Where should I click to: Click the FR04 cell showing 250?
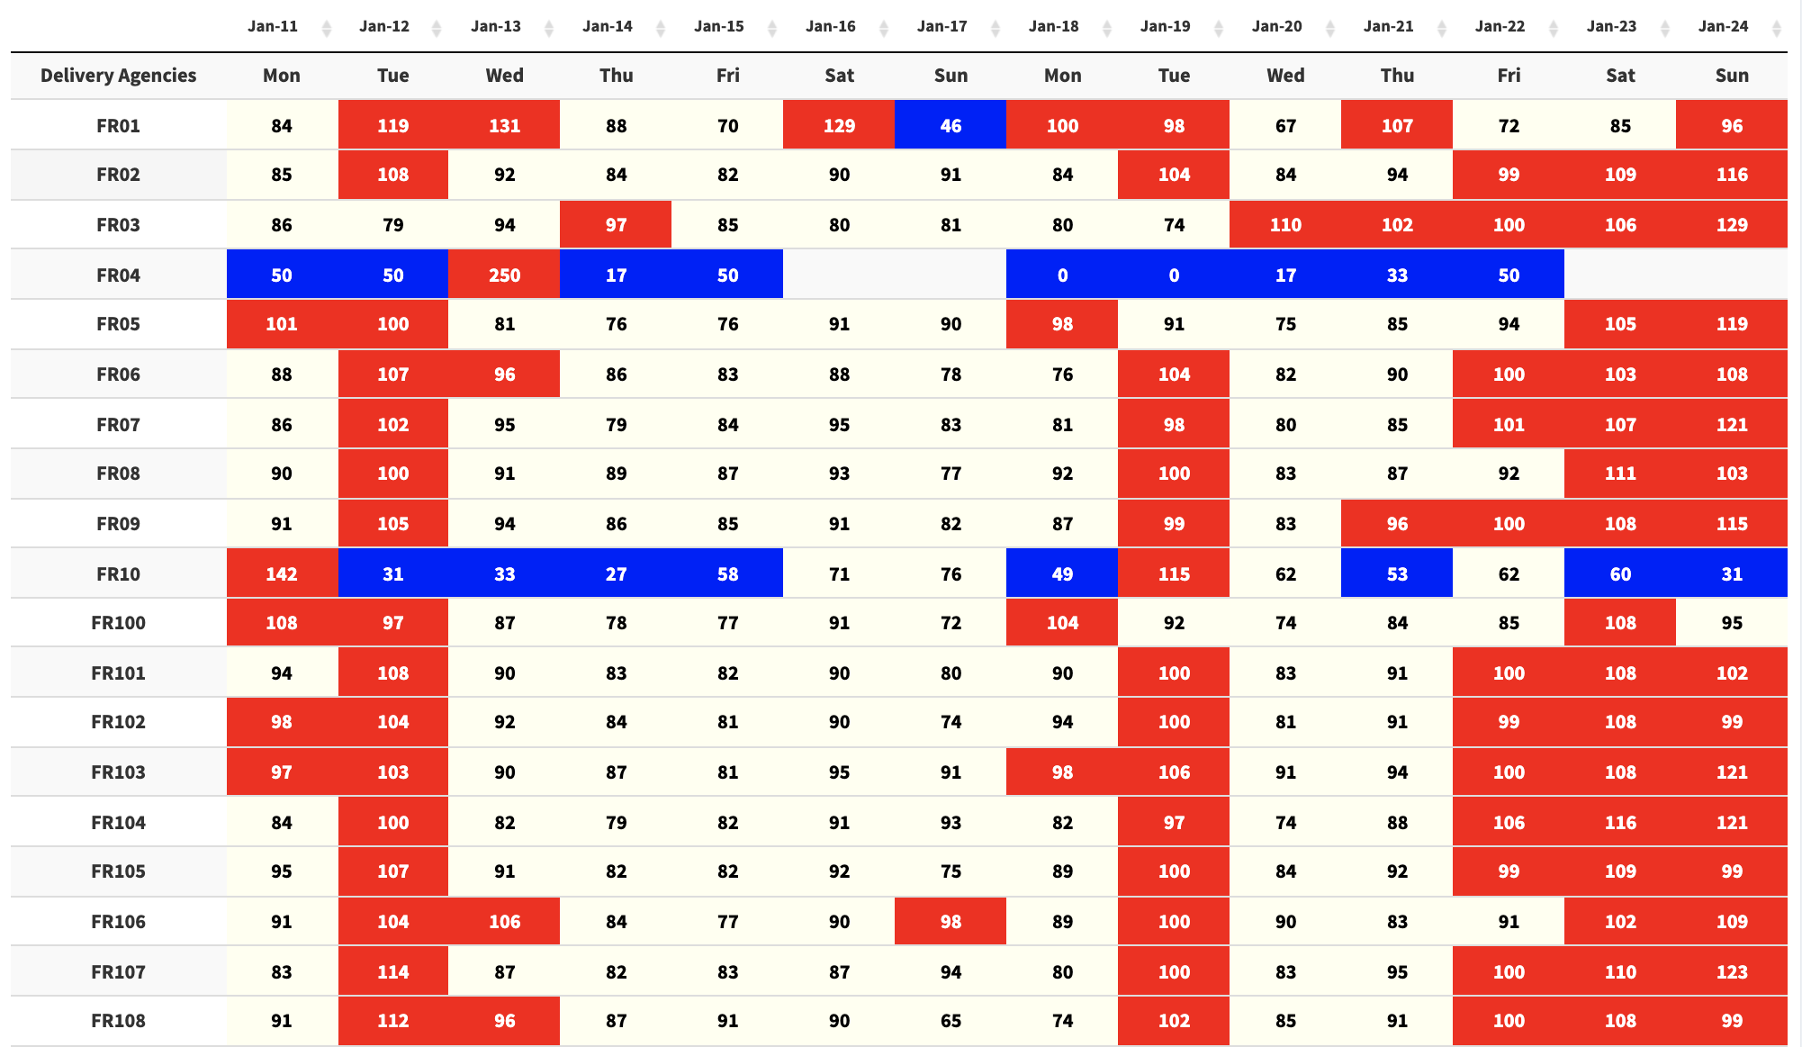[x=504, y=275]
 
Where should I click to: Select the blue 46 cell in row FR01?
[x=951, y=125]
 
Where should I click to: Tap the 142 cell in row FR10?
[x=282, y=573]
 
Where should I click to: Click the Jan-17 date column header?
[x=942, y=26]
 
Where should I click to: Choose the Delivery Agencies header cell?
[x=118, y=76]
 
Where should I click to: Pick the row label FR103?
[x=118, y=772]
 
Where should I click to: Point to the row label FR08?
[x=118, y=474]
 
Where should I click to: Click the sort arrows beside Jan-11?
[x=327, y=29]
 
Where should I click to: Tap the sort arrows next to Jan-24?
[x=1776, y=29]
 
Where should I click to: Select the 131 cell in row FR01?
[x=504, y=125]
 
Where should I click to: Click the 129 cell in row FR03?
[x=1732, y=225]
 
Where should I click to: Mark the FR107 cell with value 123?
[x=1732, y=971]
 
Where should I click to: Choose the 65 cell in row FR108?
[x=951, y=1021]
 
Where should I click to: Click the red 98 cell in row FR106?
[x=951, y=921]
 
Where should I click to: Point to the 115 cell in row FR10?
[x=1174, y=573]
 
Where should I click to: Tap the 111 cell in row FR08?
[x=1620, y=474]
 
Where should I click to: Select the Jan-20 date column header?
[x=1276, y=26]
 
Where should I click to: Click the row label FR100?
[x=118, y=623]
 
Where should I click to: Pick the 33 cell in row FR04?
[x=1397, y=275]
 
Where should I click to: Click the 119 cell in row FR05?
[x=1732, y=324]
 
